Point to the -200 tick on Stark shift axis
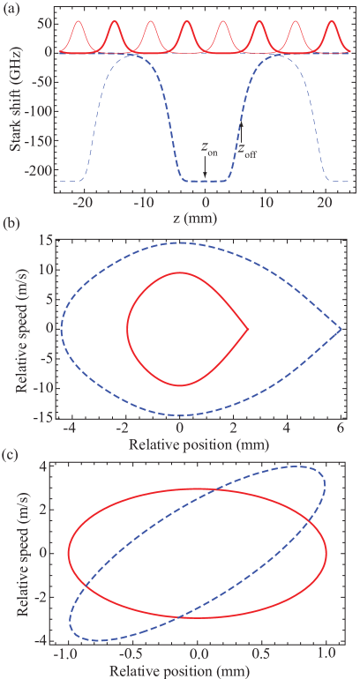pyautogui.click(x=39, y=170)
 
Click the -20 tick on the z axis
pyautogui.click(x=82, y=201)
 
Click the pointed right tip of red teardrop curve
pyautogui.click(x=248, y=329)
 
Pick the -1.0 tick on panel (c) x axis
pyautogui.click(x=66, y=656)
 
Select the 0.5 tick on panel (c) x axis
pyautogui.click(x=263, y=656)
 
